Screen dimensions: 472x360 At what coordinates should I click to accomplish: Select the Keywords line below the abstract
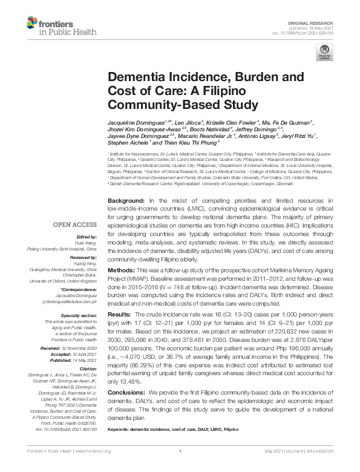[182, 429]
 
